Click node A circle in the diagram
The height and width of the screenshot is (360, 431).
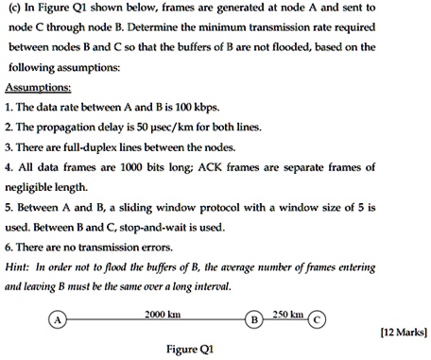[58, 319]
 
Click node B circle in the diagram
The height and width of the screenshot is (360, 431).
[253, 319]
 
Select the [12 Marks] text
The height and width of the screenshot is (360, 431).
[403, 332]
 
